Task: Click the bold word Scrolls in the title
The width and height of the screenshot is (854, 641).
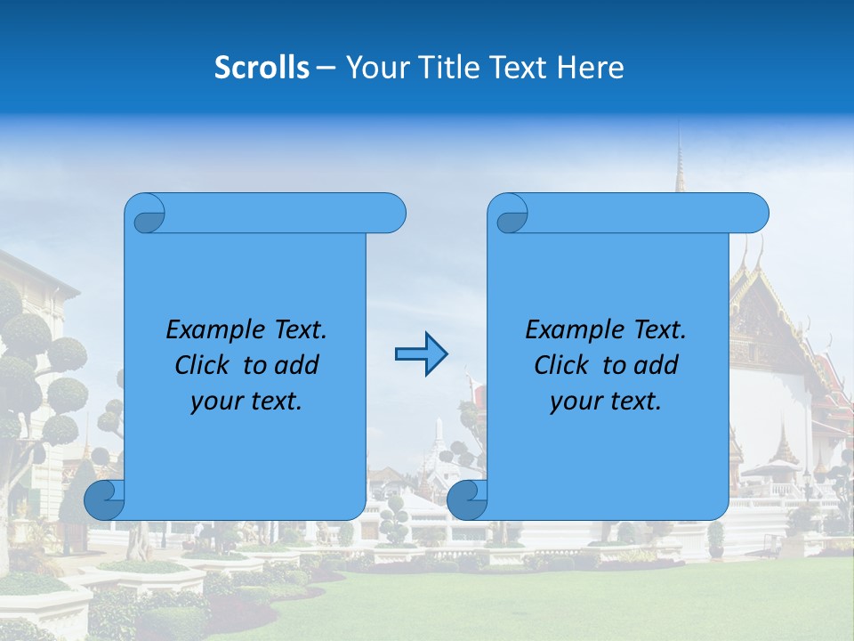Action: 262,68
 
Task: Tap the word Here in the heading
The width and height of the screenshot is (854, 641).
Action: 590,68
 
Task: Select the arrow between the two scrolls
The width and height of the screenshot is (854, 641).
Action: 421,354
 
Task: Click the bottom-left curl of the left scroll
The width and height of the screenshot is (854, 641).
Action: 104,499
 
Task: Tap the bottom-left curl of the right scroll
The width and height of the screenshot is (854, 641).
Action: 467,499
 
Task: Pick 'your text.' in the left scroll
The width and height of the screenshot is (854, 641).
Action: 246,401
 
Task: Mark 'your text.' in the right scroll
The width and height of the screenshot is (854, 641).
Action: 606,401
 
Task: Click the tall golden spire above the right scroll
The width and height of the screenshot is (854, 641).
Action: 680,165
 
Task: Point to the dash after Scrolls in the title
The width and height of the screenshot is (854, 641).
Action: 326,68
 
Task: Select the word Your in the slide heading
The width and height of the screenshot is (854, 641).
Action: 376,68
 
